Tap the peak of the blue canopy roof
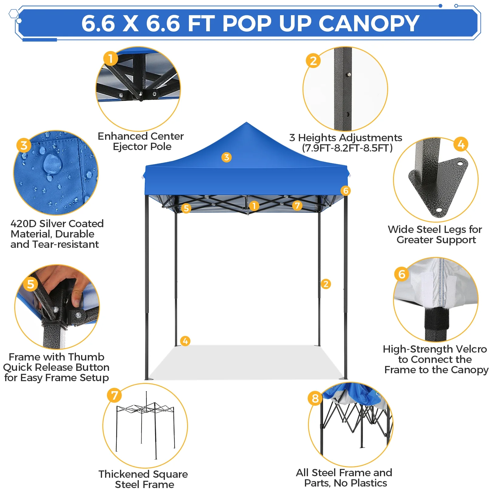[246, 122]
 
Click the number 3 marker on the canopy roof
[226, 157]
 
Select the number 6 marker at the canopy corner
[346, 191]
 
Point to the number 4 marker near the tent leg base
[185, 341]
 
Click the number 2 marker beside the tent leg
[326, 284]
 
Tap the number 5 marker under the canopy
[186, 208]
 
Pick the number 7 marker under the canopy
[297, 206]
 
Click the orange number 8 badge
[315, 398]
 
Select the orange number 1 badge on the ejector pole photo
[111, 58]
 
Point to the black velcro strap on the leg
[436, 319]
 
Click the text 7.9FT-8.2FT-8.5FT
[347, 148]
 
